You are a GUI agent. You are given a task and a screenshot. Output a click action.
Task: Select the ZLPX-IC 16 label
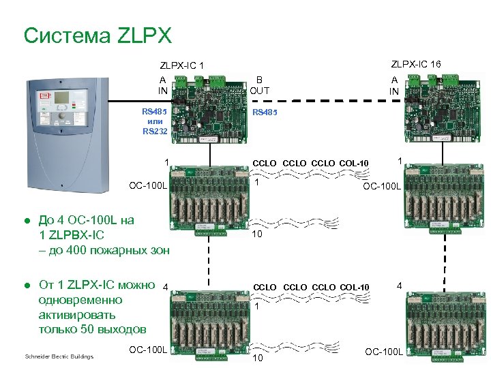tap(415, 64)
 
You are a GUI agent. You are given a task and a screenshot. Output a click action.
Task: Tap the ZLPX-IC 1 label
tap(182, 66)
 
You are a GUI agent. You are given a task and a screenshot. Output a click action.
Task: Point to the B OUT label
tap(259, 85)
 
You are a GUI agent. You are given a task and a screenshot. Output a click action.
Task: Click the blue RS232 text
tap(154, 131)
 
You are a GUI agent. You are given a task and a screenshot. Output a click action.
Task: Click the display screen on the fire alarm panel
tap(63, 97)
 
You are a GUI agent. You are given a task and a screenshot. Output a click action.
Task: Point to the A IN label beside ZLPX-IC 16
tap(394, 85)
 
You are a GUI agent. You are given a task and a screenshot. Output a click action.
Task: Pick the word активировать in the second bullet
tap(77, 315)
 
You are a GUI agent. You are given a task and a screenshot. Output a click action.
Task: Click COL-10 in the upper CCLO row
tap(354, 163)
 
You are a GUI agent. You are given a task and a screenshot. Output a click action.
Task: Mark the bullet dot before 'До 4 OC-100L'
tap(27, 221)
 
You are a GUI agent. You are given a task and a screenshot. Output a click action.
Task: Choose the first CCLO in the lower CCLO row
tap(265, 288)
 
